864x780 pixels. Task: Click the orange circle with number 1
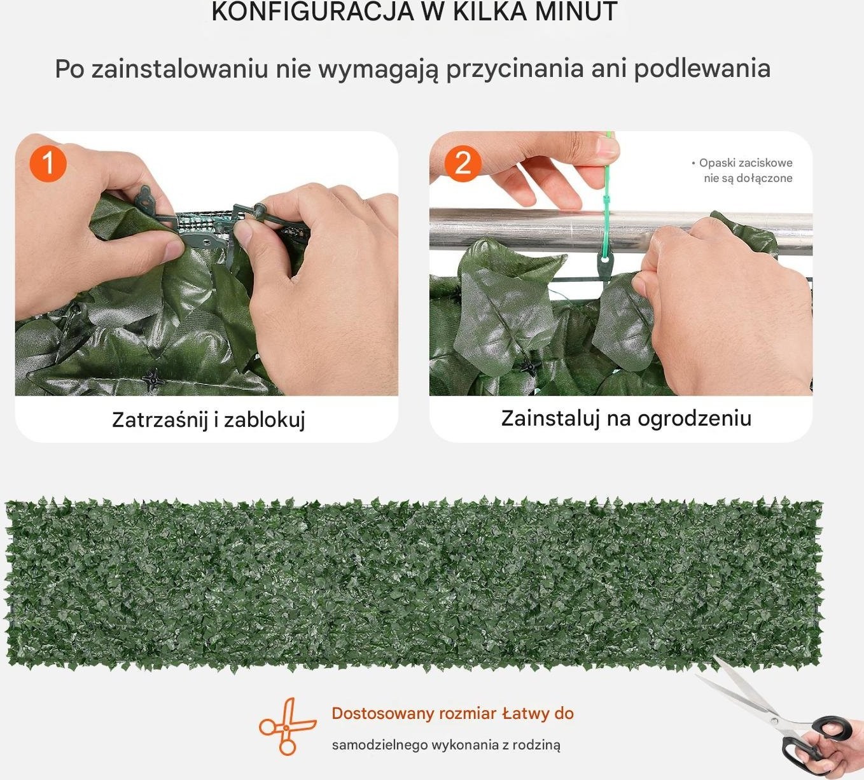[x=48, y=164]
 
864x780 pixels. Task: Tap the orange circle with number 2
[x=463, y=164]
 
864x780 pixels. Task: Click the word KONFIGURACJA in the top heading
[x=312, y=11]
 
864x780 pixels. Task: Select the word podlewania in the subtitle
[x=702, y=69]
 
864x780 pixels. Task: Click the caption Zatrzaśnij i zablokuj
[x=209, y=419]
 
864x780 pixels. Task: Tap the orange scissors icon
[x=288, y=727]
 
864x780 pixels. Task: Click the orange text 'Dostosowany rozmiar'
[x=414, y=714]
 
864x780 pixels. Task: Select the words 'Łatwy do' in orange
[x=538, y=714]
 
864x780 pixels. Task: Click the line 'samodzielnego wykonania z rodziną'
[x=446, y=744]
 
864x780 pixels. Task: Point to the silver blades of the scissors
[x=741, y=693]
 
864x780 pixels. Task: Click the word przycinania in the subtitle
[x=515, y=69]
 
